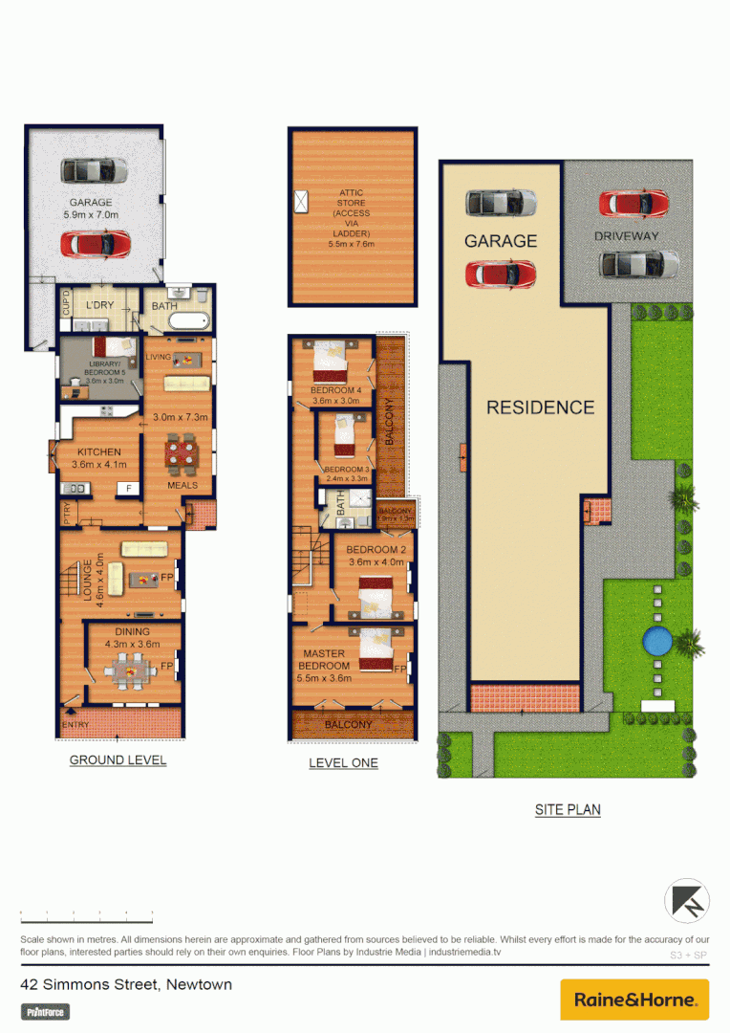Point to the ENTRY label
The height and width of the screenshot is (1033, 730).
click(x=75, y=725)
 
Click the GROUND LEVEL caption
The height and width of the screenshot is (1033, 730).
click(x=118, y=760)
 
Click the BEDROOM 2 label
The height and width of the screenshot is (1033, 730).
click(x=376, y=550)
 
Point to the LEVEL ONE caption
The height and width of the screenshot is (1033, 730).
click(x=343, y=763)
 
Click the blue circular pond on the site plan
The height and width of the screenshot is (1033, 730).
click(x=657, y=641)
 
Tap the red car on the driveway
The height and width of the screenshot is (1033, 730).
click(x=633, y=204)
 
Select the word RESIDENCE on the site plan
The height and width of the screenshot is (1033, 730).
click(x=540, y=407)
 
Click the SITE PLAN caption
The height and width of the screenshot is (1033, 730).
click(x=568, y=810)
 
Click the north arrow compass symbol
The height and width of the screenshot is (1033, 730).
click(x=688, y=901)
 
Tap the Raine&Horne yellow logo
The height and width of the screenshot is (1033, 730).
click(x=634, y=1000)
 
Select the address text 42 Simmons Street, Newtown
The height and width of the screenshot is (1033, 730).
click(x=126, y=984)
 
